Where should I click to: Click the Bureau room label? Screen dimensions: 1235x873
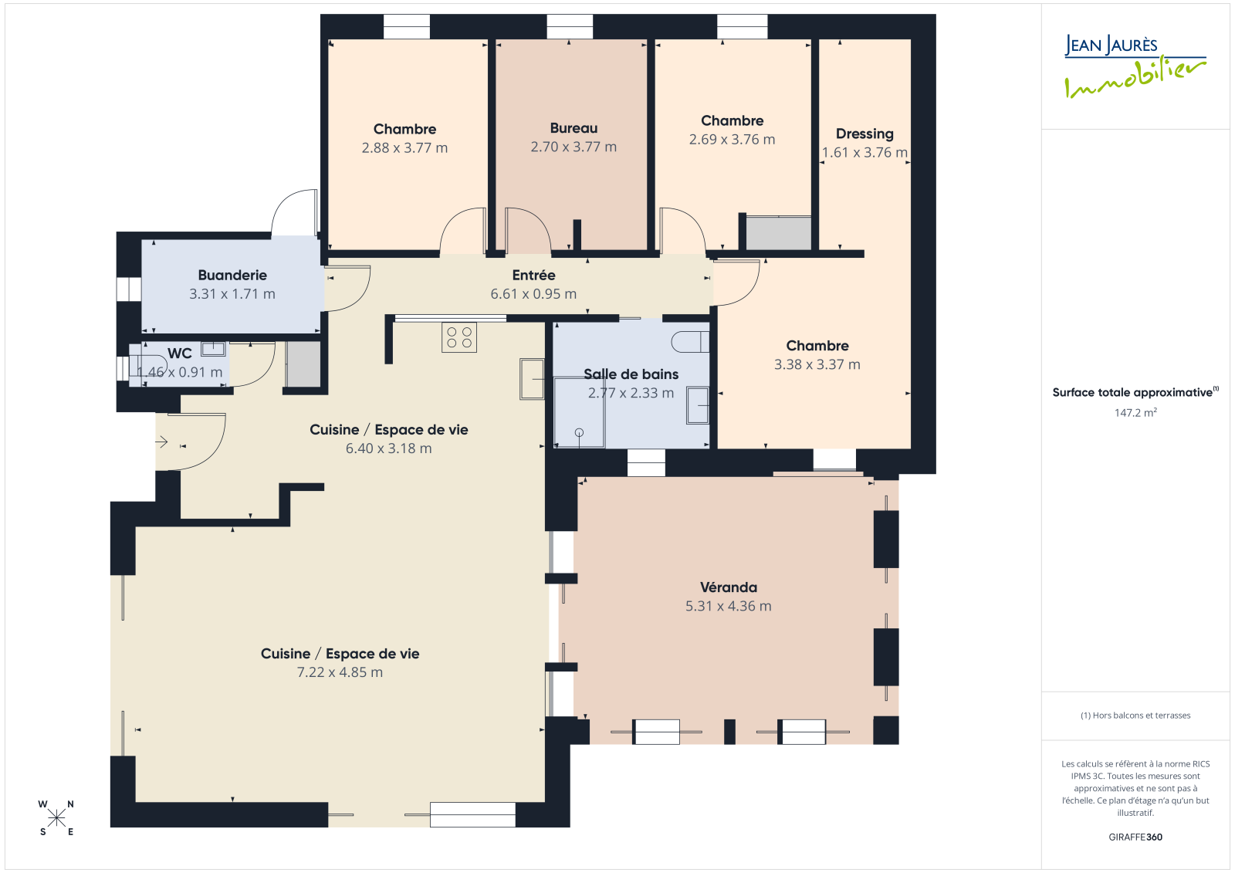coord(574,128)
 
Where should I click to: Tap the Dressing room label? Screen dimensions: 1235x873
coord(864,134)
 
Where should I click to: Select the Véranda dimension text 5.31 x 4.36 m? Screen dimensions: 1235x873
coord(729,606)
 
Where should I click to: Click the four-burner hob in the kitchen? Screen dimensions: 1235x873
coord(459,337)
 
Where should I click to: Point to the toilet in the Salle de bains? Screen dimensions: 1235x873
coord(690,342)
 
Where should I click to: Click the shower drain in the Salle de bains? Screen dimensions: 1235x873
coord(579,433)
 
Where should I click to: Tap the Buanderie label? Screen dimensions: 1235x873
coord(232,276)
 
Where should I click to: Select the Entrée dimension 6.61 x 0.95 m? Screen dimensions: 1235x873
coord(533,294)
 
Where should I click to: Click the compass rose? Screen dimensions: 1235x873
coord(56,818)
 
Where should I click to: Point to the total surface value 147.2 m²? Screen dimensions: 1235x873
coord(1135,412)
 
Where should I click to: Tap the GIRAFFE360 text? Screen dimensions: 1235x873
coord(1135,837)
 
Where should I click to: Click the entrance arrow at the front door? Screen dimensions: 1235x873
coord(161,442)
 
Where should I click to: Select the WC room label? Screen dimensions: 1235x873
coord(180,354)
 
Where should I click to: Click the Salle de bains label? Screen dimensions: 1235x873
coord(631,374)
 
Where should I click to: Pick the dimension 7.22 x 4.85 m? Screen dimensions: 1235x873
coord(340,672)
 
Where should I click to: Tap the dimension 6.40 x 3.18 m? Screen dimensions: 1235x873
coord(389,448)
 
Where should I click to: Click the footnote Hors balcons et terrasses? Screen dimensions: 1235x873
coord(1135,716)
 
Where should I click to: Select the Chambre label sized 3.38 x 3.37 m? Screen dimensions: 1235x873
coord(817,346)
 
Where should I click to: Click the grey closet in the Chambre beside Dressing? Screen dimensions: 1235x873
coord(779,233)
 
